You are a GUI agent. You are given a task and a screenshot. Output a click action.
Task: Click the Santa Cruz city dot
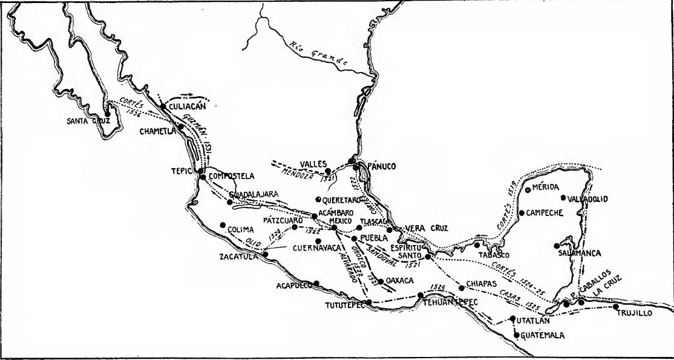point(107,113)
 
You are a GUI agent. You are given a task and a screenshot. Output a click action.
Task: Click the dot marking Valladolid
point(564,197)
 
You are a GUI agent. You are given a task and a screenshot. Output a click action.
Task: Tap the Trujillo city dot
point(616,306)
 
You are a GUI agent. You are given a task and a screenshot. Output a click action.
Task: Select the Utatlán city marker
point(512,319)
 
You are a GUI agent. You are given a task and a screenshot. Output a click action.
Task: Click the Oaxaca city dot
point(381,281)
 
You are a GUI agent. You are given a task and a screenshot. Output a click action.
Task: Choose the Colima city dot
point(223,224)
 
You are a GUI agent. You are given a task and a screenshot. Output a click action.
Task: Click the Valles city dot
point(329,171)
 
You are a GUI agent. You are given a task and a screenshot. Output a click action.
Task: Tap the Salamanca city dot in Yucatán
point(556,246)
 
